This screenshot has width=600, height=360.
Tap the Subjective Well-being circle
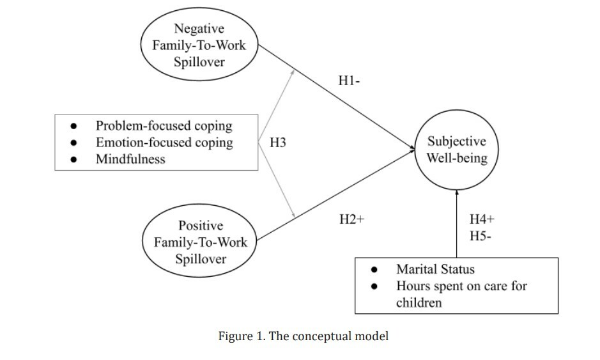pos(456,150)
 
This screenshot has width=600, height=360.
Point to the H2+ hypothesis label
pos(351,219)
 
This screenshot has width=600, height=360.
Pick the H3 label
pos(278,143)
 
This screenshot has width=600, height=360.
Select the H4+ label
pos(482,219)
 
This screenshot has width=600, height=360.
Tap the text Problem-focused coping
pos(164,126)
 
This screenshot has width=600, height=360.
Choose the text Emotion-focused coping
pos(164,143)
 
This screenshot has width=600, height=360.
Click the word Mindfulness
pos(130,159)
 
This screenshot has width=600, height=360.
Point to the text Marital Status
pos(435,269)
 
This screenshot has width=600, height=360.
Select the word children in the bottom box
pos(419,302)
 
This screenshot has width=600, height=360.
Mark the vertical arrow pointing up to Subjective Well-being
pos(456,224)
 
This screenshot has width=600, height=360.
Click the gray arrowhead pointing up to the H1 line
pos(293,72)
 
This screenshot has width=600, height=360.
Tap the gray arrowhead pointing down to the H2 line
pos(293,215)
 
